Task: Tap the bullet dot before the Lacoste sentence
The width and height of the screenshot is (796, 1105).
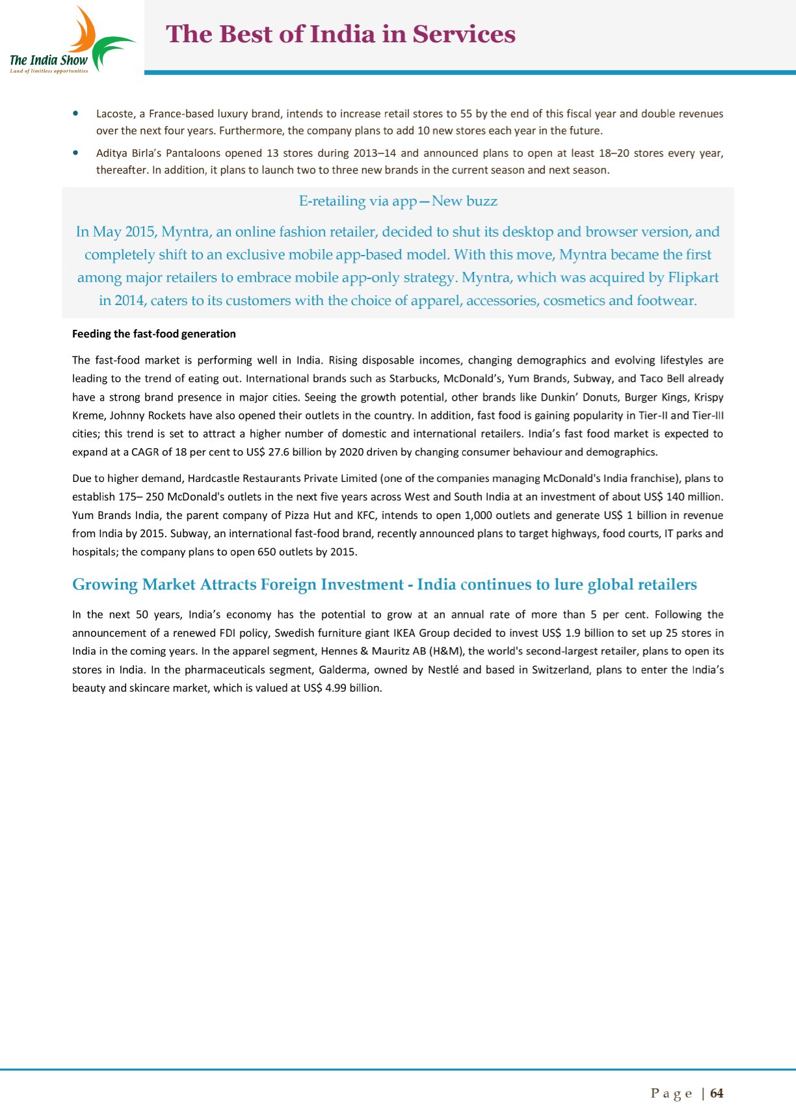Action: pyautogui.click(x=77, y=113)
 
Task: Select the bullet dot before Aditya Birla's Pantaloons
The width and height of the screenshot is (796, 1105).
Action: pyautogui.click(x=77, y=153)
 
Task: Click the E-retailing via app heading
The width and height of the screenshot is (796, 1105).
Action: pyautogui.click(x=398, y=201)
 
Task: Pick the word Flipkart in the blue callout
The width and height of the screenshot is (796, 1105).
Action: pyautogui.click(x=693, y=278)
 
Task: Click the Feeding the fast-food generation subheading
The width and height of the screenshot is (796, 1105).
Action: pyautogui.click(x=153, y=334)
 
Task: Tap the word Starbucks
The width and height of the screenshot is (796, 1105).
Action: pyautogui.click(x=413, y=379)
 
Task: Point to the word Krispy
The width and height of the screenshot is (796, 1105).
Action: pyautogui.click(x=708, y=397)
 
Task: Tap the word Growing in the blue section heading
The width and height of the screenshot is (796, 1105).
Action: pyautogui.click(x=104, y=585)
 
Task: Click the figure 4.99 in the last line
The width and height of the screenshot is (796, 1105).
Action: pyautogui.click(x=336, y=688)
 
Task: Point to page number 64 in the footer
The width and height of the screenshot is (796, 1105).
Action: pyautogui.click(x=717, y=1093)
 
